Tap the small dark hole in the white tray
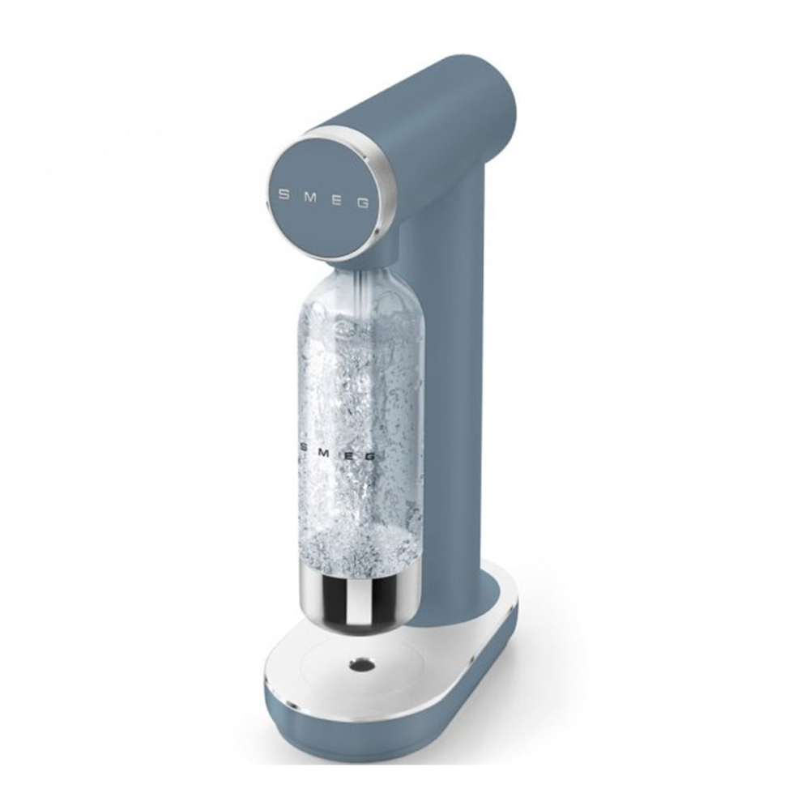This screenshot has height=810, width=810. pos(358,666)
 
